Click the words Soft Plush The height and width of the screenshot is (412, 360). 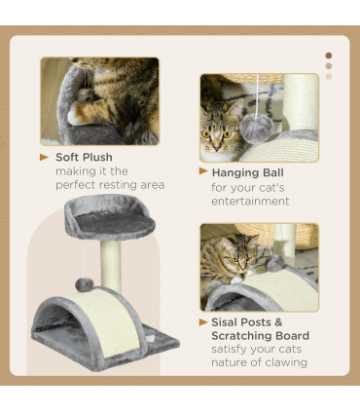[x=84, y=157]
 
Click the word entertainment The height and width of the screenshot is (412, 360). [x=250, y=202]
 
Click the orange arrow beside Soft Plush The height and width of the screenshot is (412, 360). [x=44, y=157]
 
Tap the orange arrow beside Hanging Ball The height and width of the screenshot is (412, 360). [x=204, y=171]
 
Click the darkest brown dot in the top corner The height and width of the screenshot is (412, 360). [x=329, y=56]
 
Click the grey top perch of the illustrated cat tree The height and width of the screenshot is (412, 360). [x=109, y=223]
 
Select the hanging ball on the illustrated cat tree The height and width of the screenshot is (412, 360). [x=86, y=283]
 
